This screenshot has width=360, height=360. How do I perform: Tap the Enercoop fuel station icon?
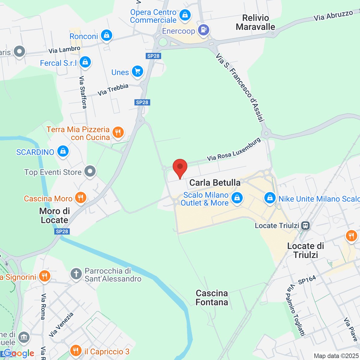[204, 30]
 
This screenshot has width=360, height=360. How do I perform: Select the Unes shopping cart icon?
[137, 71]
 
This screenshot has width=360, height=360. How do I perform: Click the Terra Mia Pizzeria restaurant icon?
[118, 132]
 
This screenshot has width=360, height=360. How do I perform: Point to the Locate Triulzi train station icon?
[306, 226]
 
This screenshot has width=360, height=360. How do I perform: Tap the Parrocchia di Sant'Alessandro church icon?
[76, 274]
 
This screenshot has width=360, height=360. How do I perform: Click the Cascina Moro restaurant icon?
[80, 198]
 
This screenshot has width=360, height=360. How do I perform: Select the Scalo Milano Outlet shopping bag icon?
[237, 198]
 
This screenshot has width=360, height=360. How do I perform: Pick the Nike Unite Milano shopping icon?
[270, 198]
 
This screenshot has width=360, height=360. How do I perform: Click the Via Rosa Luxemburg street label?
[234, 150]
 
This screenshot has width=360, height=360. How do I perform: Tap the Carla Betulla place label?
[215, 182]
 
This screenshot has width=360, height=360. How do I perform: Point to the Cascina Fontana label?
[212, 298]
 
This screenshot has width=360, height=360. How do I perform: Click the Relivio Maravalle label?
[255, 22]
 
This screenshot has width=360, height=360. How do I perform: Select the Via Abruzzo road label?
[333, 16]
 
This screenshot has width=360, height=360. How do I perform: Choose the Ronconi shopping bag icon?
[106, 35]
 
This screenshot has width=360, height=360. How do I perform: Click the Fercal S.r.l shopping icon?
[85, 62]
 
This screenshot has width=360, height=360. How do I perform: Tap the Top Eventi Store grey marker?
[90, 172]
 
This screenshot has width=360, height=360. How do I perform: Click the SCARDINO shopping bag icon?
[63, 151]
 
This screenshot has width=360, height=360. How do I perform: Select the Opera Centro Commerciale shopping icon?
[185, 15]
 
